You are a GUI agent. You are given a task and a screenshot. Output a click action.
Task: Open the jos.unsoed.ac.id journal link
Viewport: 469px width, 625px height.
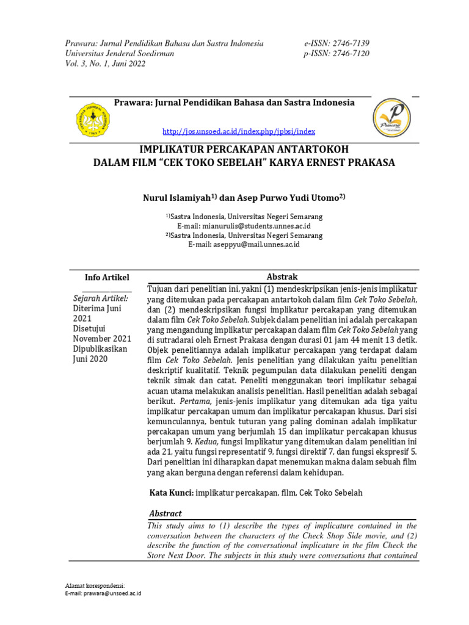tap(239, 132)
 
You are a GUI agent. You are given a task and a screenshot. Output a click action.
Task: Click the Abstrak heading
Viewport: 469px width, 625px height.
tap(282, 276)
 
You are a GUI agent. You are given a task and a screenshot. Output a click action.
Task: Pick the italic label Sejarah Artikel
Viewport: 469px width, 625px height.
tap(101, 298)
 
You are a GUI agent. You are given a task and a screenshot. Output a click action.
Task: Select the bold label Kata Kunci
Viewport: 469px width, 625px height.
tap(172, 493)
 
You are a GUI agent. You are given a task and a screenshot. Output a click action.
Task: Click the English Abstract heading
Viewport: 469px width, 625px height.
tap(165, 514)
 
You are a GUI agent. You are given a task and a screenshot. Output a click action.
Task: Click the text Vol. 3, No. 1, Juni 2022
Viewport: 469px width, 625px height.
tap(106, 64)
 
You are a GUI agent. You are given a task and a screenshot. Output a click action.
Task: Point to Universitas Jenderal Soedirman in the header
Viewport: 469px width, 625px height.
tap(120, 54)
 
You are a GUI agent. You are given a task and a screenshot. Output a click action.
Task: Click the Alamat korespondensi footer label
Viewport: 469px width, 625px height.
tap(95, 585)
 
